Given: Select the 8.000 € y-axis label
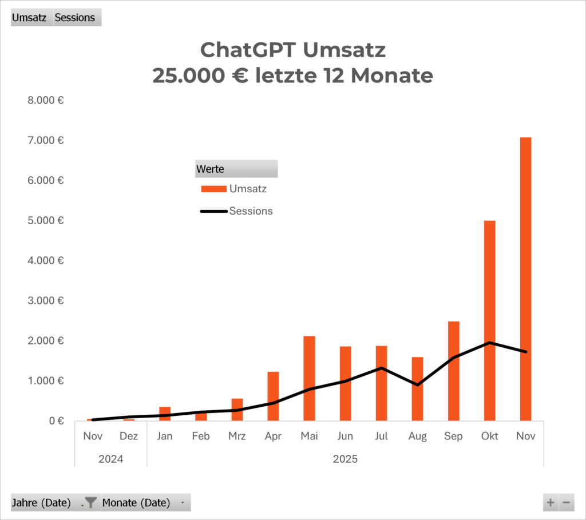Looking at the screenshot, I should [45, 100].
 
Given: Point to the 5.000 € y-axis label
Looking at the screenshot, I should [45, 220].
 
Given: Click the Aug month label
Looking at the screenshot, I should [417, 436].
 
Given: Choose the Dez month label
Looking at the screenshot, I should [129, 436].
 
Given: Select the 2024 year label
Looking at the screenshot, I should [110, 459].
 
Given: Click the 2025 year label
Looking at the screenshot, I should [345, 459].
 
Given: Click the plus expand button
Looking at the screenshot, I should [551, 503].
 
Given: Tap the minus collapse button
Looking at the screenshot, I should [567, 503].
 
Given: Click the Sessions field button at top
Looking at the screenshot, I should [76, 18].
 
